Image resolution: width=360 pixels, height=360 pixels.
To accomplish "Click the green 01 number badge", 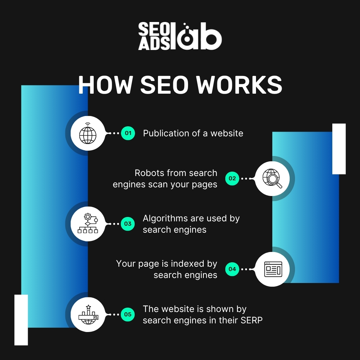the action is coord(128,133).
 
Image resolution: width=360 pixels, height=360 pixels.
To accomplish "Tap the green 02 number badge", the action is coord(232,178).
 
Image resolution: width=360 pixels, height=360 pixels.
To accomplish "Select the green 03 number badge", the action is coord(128,224).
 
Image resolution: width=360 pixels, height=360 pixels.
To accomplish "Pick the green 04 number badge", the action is coord(232,269).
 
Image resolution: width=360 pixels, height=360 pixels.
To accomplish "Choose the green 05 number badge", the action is coord(128,314).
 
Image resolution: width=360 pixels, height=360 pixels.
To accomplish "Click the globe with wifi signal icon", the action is coord(88,133).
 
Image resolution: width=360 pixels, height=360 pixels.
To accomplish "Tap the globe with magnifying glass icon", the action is coord(272,179).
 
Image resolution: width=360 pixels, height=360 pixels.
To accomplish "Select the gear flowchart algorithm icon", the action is coord(88,224).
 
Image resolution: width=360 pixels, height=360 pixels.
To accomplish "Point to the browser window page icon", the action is coord(273,269).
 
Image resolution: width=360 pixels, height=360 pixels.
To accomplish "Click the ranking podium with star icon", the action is coord(88,314).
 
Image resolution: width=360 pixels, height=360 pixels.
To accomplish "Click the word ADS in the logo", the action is coord(150,43).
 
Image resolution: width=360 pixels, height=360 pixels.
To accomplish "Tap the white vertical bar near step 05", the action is coord(21,320).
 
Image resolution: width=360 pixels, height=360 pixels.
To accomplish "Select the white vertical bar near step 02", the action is coord(339,149).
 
